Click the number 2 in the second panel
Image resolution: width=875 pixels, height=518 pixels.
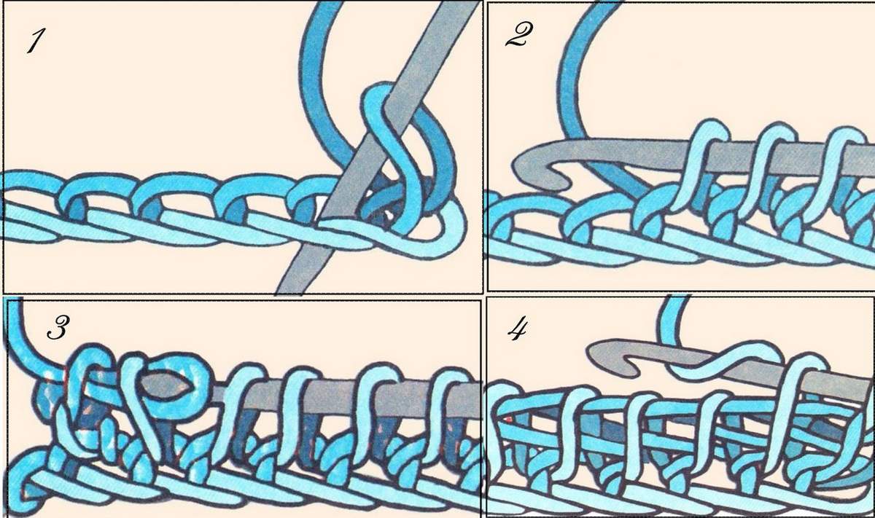[518, 35]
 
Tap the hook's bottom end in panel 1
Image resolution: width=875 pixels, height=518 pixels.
[290, 289]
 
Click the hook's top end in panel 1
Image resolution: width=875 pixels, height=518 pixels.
[461, 6]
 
